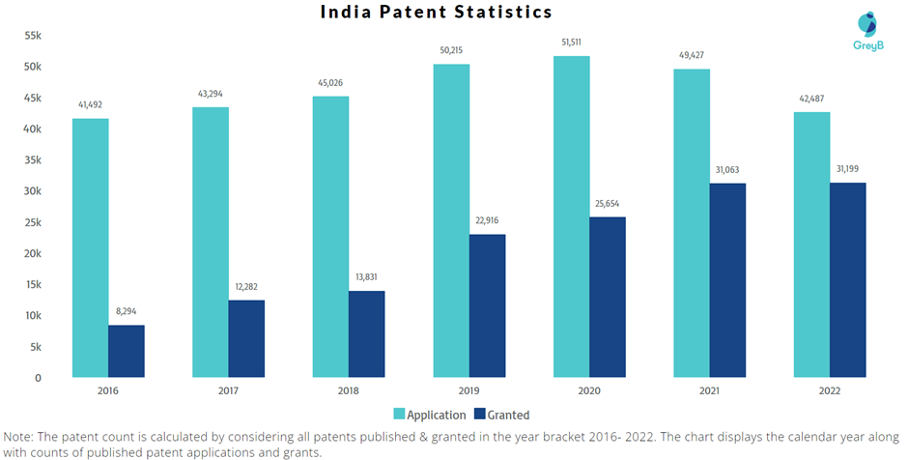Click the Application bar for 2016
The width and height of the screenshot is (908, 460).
[x=90, y=247]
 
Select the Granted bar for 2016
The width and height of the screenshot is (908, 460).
[x=127, y=351]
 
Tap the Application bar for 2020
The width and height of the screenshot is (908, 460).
[x=572, y=216]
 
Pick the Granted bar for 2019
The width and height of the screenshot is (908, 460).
[x=487, y=305]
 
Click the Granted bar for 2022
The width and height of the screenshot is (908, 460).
[x=848, y=280]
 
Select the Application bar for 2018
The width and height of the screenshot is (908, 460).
[x=331, y=237]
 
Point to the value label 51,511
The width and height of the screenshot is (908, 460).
[x=572, y=43]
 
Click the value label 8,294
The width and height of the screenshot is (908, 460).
[x=127, y=312]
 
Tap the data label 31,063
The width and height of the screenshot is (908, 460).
[x=727, y=170]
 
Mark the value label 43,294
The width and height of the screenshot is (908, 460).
[x=211, y=94]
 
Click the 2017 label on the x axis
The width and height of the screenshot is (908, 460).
[x=229, y=390]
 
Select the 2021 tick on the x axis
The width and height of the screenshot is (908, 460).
[x=709, y=390]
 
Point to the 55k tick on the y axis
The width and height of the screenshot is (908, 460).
[x=32, y=36]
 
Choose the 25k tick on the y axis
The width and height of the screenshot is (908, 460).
[x=32, y=222]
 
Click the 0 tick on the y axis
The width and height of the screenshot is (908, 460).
[x=38, y=378]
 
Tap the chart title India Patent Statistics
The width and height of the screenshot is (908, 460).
[x=436, y=13]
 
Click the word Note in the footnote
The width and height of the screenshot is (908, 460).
[x=21, y=435]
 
